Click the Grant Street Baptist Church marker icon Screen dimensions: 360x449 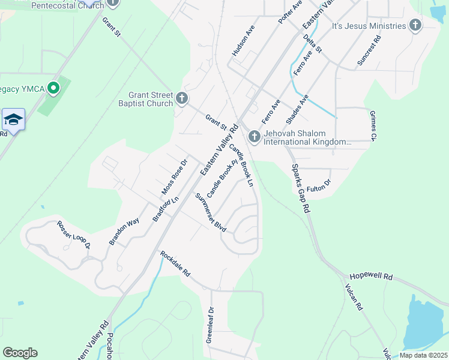[182, 98]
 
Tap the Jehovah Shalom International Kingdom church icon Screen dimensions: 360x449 [254, 137]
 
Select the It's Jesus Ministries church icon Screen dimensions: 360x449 [415, 26]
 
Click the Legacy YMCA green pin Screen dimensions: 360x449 [53, 89]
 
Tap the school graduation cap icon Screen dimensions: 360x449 [13, 120]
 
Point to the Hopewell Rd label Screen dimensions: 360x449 [379, 277]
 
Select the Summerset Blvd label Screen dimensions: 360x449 [211, 213]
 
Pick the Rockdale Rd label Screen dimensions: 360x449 [175, 263]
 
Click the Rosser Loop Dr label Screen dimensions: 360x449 [73, 235]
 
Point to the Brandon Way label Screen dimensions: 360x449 [124, 231]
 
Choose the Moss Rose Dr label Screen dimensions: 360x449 [175, 177]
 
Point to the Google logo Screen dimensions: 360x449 [20, 353]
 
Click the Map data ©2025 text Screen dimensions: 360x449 [423, 355]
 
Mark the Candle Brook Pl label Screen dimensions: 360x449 [218, 178]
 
